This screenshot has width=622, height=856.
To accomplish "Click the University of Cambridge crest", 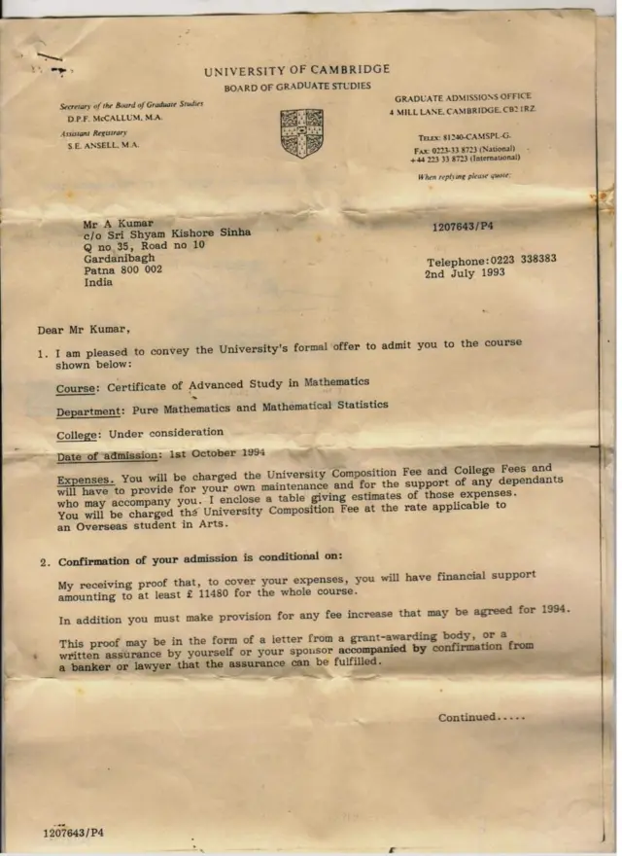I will coord(300,131).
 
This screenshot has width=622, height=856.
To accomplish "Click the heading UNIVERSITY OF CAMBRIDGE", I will coord(296,69).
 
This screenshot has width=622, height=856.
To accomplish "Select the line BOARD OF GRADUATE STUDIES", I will coord(296,87).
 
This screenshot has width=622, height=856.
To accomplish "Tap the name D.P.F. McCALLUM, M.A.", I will coord(115,117).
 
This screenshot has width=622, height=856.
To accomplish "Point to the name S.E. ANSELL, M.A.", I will coord(104,144).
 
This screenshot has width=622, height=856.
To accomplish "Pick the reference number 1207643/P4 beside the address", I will coord(463,226).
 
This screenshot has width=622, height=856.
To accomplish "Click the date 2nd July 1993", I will coord(465,274).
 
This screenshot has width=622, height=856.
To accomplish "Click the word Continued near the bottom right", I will coord(467,717).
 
